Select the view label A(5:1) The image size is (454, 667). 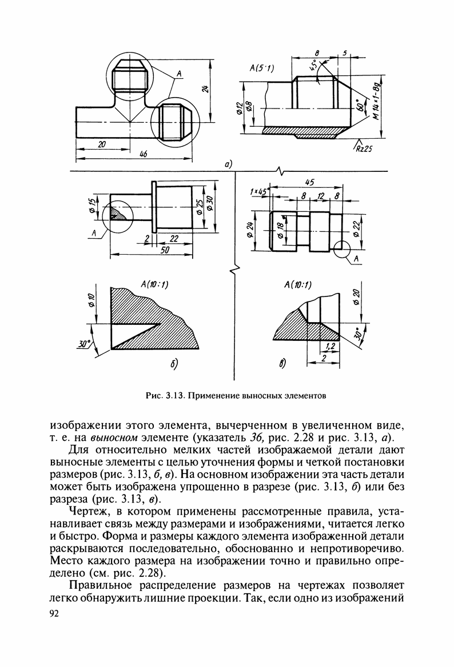262,69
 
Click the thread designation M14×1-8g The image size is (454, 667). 376,101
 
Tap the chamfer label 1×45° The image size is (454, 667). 260,192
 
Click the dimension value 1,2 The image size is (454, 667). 329,346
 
